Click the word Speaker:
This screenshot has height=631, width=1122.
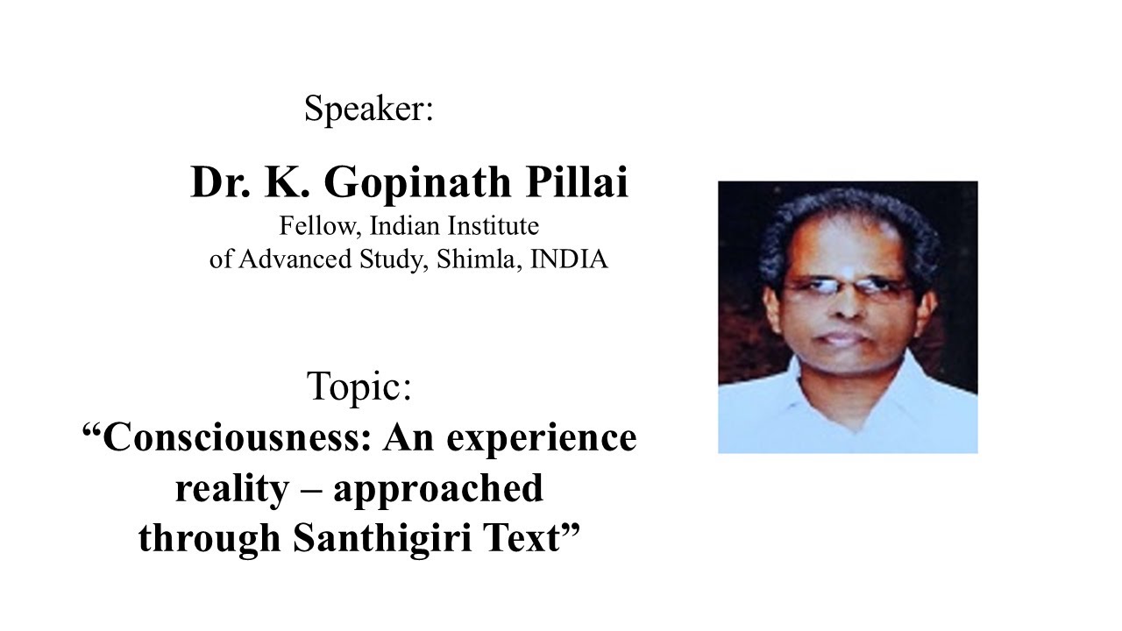click(x=369, y=110)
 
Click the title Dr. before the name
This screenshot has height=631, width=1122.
click(x=217, y=183)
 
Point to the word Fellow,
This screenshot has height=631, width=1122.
click(x=320, y=226)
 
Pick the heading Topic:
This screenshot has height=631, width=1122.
click(x=359, y=386)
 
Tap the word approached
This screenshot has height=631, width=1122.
click(x=437, y=488)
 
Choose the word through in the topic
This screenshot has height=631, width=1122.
click(x=209, y=539)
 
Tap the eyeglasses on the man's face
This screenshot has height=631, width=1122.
click(x=845, y=288)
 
